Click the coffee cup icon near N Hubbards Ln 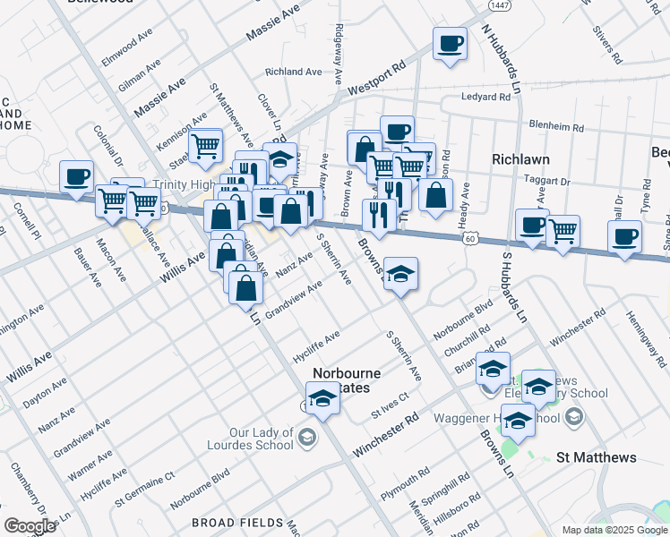[x=450, y=43]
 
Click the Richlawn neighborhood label [x=520, y=158]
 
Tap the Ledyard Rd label [x=485, y=97]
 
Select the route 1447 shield [x=500, y=5]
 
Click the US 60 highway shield [x=469, y=238]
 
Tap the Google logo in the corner [x=30, y=525]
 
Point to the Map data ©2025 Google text [x=614, y=530]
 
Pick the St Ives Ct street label [x=390, y=406]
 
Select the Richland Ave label [x=293, y=72]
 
